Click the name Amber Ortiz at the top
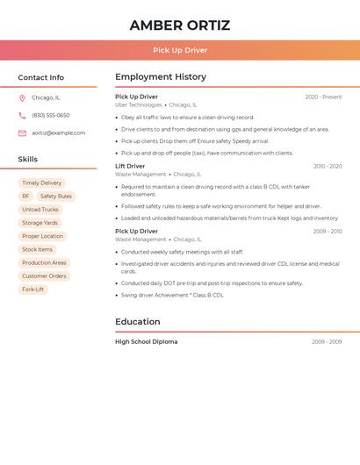coord(180,25)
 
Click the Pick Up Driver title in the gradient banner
coord(180,50)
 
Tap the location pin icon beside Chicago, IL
coord(22,97)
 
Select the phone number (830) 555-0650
coord(51,115)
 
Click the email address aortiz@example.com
coord(58,132)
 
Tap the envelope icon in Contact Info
coord(22,132)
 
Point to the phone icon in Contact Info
coord(22,115)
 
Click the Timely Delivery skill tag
coord(42,183)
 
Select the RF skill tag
coord(25,197)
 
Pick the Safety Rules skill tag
coord(55,197)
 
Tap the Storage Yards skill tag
coord(40,223)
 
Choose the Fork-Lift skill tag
coord(32,289)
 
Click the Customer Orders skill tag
coord(44,275)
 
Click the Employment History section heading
coord(161,77)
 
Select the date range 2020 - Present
coord(323,97)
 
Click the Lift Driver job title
coord(130,166)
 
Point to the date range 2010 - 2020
coord(327,166)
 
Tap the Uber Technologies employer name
coord(139,104)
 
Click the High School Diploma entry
coord(146,341)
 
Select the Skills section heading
coord(28,159)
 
